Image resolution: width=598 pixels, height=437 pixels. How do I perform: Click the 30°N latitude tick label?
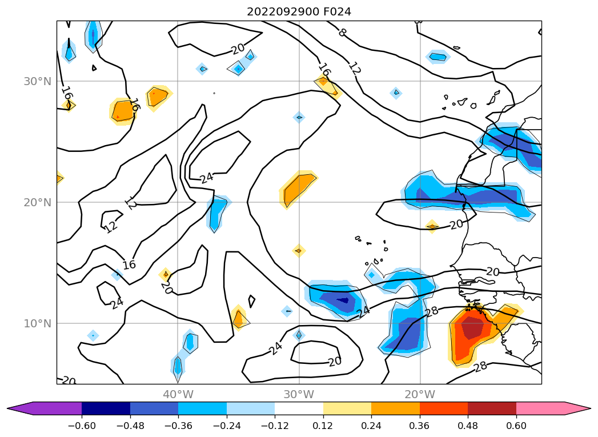click(x=38, y=81)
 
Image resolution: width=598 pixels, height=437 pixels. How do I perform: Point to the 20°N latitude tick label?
click(x=38, y=202)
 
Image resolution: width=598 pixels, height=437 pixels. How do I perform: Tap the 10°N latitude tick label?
click(x=38, y=323)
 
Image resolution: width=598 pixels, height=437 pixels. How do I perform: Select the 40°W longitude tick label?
click(x=178, y=394)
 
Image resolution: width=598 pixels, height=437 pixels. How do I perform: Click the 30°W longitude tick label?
click(x=299, y=394)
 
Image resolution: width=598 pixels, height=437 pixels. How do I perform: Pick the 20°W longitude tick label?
click(x=420, y=394)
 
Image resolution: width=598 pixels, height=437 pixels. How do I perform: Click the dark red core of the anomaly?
click(x=472, y=328)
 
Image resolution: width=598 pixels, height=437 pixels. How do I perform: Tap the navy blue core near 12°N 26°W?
click(x=343, y=300)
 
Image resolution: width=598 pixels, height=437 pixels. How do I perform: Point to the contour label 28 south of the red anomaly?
click(x=480, y=366)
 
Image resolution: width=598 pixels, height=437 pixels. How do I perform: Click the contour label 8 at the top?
click(x=342, y=33)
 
